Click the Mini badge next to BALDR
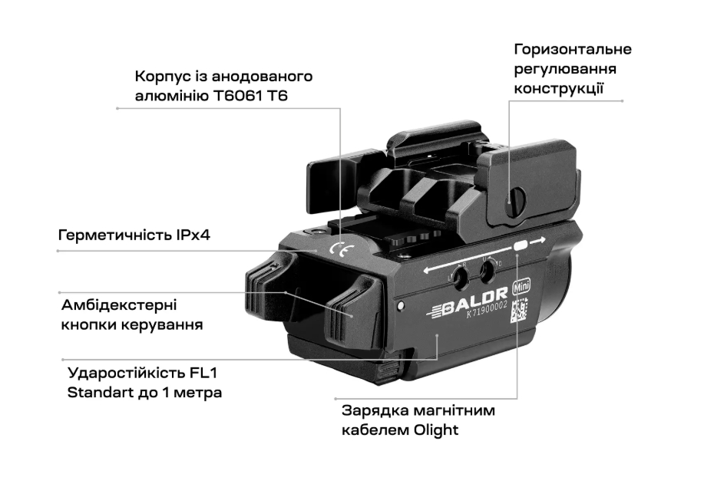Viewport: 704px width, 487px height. (x=521, y=285)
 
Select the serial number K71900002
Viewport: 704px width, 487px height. (x=488, y=310)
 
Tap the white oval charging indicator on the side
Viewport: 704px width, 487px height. (x=520, y=245)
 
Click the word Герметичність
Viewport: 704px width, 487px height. (x=115, y=235)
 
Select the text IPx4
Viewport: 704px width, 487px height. (x=193, y=235)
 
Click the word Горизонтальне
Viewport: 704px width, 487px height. (x=573, y=49)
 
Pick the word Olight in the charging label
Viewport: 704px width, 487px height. (x=436, y=430)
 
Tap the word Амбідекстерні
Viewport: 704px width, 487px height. (x=119, y=305)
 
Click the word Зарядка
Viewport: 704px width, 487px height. (x=375, y=411)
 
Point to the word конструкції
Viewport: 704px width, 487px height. (x=559, y=88)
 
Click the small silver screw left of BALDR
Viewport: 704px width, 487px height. (x=401, y=306)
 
